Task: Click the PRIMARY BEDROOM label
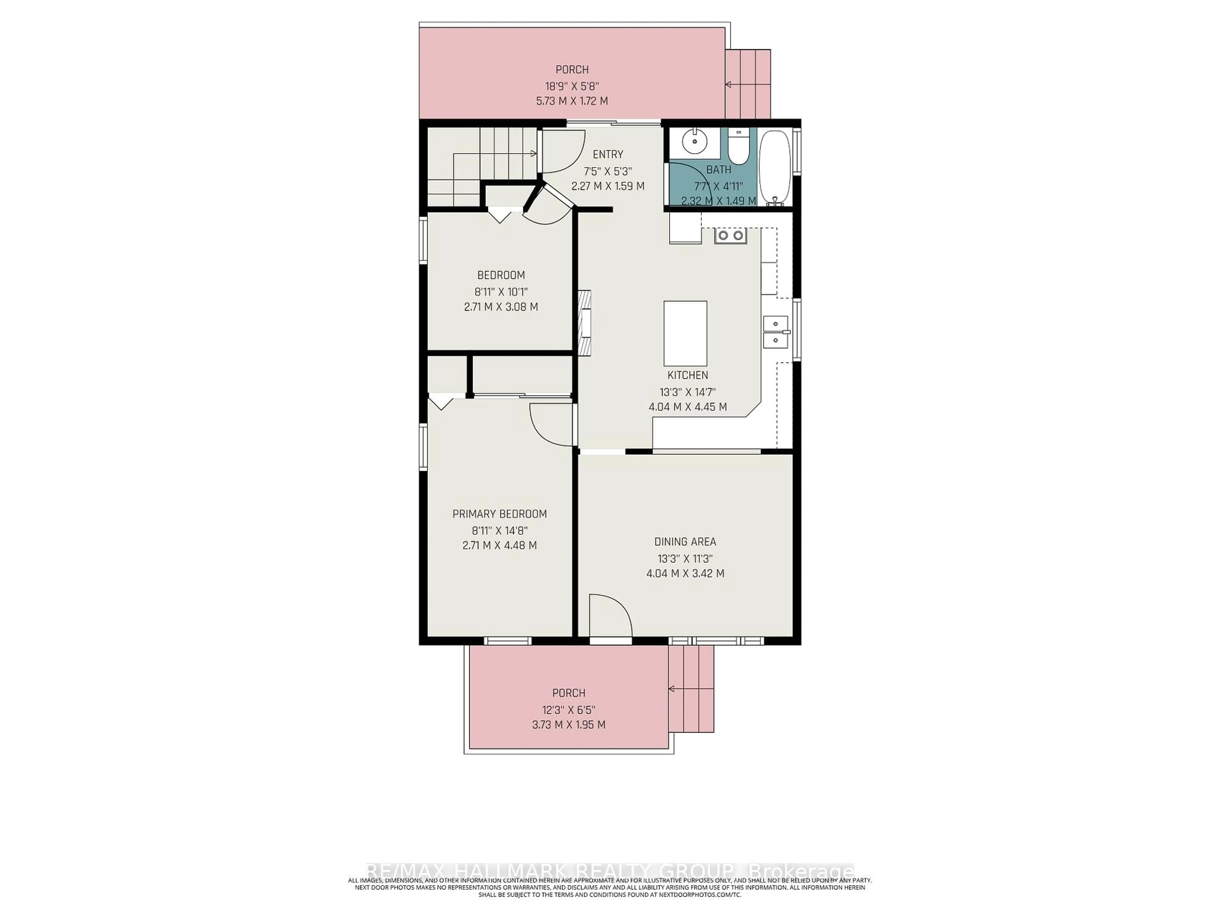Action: tap(499, 514)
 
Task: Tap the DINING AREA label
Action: tap(685, 542)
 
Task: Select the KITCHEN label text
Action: tap(687, 375)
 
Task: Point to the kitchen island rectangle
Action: tap(685, 333)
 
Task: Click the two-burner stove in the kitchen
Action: tap(730, 235)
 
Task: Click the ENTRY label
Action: tap(608, 154)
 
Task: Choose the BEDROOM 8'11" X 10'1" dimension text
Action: tap(501, 292)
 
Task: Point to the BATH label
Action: tap(719, 170)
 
